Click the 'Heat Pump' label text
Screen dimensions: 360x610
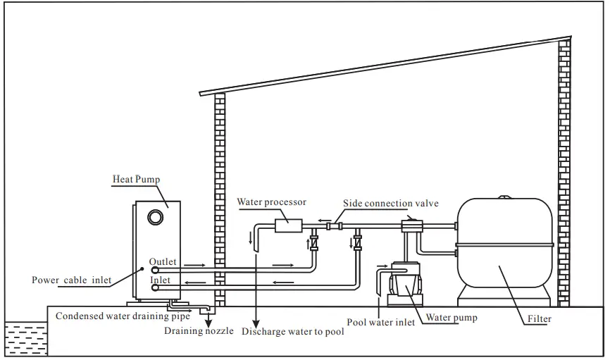(x=137, y=180)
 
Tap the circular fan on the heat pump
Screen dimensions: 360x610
(x=153, y=217)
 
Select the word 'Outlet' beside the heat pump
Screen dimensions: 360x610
(x=163, y=262)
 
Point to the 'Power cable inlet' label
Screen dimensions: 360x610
(x=72, y=280)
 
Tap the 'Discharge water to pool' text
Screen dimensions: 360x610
(x=293, y=330)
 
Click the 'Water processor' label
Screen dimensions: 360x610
(x=271, y=202)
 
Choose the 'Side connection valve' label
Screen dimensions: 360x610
(x=390, y=204)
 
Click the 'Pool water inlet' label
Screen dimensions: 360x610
(x=382, y=323)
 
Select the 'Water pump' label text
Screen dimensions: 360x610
(x=451, y=318)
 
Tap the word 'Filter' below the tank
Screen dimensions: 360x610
(x=539, y=319)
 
